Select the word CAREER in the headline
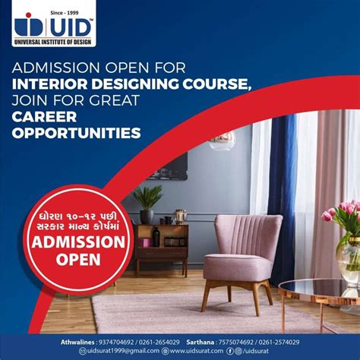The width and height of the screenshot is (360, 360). [x=45, y=116]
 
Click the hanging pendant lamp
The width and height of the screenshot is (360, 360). [x=223, y=141]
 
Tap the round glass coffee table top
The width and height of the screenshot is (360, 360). [x=319, y=289]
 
